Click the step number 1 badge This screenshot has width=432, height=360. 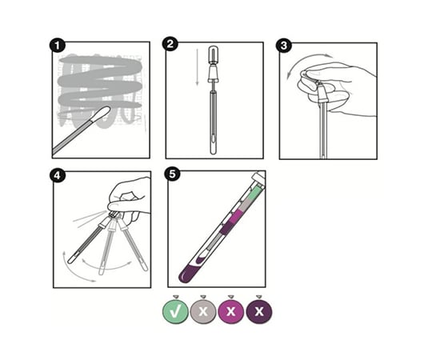[57, 45]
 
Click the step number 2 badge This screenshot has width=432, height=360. [170, 44]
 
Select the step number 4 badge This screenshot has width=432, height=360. [57, 174]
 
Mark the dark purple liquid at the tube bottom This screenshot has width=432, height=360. [189, 273]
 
